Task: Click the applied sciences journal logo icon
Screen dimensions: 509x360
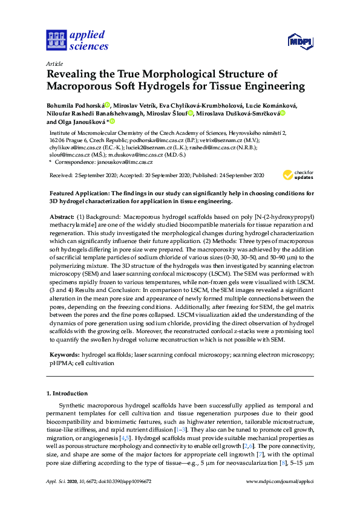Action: click(x=56, y=41)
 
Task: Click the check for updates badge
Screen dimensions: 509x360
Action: click(x=298, y=175)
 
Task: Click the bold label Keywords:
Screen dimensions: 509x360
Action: click(x=64, y=356)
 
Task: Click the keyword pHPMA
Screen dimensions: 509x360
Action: click(x=59, y=364)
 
